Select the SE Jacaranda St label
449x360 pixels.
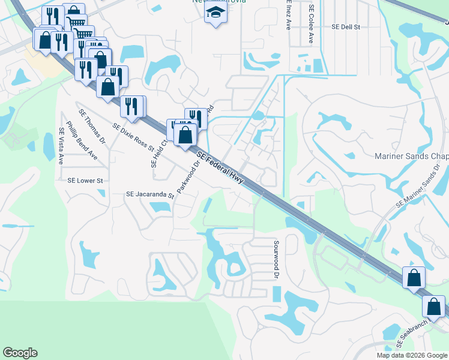coord(149,194)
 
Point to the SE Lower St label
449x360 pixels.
coord(85,180)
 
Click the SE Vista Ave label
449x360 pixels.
coord(61,146)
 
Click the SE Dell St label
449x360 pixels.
coord(345,27)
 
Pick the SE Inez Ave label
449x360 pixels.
coord(289,15)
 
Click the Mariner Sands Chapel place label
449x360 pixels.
coord(411,156)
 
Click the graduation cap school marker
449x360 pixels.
coord(214,12)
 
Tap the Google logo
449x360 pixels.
coord(20,353)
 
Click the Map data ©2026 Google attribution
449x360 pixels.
coord(412,355)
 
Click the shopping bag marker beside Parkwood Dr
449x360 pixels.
coord(185,134)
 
